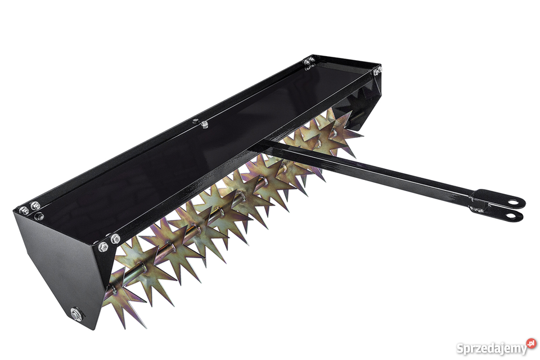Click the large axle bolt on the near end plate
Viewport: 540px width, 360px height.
point(75,314)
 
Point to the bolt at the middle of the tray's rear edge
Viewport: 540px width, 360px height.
point(204,123)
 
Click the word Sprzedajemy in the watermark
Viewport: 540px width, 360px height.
point(492,349)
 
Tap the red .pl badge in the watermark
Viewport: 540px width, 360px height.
point(532,343)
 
